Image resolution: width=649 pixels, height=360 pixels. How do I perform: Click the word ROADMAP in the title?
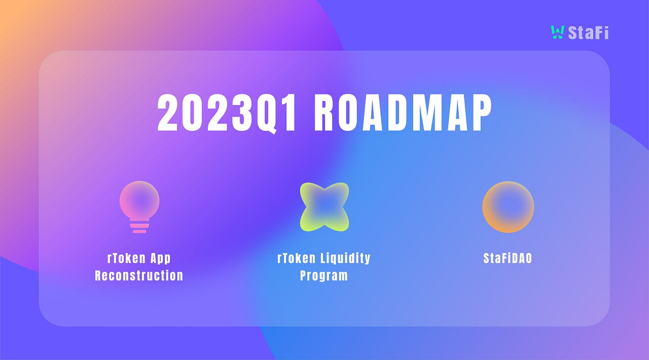coord(402,114)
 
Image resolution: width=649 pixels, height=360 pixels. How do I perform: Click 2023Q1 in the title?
coord(227,114)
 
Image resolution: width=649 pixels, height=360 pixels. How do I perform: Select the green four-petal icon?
coord(324,207)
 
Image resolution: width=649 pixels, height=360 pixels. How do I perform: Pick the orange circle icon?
coord(508,207)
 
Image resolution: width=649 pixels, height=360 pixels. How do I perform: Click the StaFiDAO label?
coord(507,258)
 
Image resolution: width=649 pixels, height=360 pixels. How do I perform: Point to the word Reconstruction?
coord(139,275)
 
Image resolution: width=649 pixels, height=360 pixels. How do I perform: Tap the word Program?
coord(324,275)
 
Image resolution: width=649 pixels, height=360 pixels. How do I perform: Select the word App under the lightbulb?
coord(161,258)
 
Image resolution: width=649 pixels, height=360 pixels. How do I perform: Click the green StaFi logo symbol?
coord(557,32)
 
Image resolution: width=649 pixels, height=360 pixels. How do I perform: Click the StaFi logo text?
coord(588,32)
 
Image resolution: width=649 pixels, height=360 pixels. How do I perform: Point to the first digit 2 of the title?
coord(168,114)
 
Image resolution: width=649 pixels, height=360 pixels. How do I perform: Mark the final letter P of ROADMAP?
coord(481,114)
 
